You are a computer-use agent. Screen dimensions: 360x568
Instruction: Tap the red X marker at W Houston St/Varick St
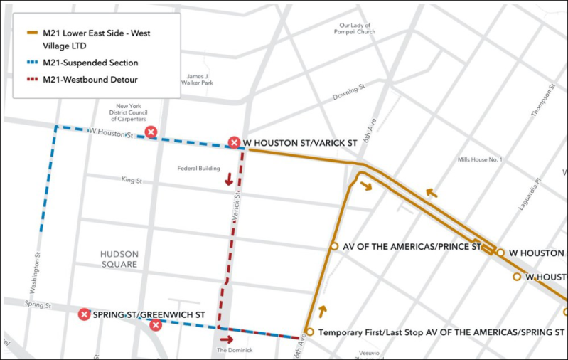234,143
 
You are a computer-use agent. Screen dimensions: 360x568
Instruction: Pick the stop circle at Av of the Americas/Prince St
334,247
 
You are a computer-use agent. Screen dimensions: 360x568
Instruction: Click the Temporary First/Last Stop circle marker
309,332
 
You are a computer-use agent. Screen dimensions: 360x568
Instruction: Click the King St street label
132,180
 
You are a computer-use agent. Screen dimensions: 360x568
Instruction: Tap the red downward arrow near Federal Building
229,180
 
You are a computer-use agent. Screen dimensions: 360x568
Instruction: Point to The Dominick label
235,350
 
